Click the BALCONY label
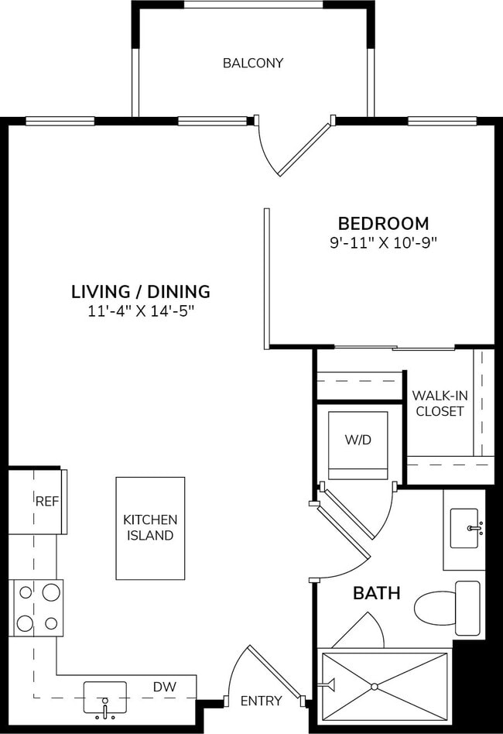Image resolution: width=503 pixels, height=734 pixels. (x=252, y=63)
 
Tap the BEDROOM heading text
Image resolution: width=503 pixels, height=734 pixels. (x=384, y=223)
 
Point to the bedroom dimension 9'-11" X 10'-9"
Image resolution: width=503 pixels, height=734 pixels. (x=384, y=242)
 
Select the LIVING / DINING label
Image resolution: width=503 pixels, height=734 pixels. (x=141, y=292)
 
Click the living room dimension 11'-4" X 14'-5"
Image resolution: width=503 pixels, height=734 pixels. (x=141, y=312)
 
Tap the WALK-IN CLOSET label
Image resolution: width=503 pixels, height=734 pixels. (x=440, y=403)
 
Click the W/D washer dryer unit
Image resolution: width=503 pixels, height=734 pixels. (x=358, y=445)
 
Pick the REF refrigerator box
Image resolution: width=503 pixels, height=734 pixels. (x=47, y=502)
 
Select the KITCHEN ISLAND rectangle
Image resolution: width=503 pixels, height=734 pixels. (x=150, y=528)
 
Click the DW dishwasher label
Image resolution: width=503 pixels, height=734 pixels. (x=163, y=686)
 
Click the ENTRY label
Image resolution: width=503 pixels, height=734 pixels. (x=261, y=701)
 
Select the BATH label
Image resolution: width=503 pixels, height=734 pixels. (x=377, y=594)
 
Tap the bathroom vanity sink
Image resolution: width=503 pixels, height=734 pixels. (x=464, y=529)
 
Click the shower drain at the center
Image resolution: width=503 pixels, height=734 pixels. (x=374, y=686)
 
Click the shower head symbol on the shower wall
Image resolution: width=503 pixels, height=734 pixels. (x=329, y=684)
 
